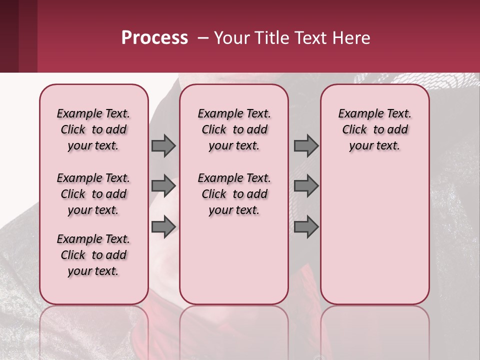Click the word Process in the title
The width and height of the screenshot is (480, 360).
pos(154,37)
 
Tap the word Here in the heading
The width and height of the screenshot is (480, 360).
pos(351,38)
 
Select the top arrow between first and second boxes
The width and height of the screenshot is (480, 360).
pos(163,145)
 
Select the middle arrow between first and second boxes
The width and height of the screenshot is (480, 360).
pos(163,186)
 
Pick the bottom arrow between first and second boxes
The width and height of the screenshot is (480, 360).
pos(163,226)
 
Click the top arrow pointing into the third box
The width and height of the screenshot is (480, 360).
pos(306,145)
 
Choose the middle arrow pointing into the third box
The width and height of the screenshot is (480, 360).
pos(306,186)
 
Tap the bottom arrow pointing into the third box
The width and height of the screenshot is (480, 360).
pos(306,226)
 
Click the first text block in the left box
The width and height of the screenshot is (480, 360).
pos(93,129)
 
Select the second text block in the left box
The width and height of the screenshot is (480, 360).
pos(93,194)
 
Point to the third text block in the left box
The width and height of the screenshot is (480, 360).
pos(93,255)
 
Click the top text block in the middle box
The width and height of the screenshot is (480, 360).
pos(234,129)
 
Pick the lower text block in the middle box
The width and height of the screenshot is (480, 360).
pos(234,194)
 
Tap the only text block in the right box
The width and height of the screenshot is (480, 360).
pos(374,129)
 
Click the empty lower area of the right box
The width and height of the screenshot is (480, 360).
pos(374,235)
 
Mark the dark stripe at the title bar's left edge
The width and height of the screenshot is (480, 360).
pos(9,36)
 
